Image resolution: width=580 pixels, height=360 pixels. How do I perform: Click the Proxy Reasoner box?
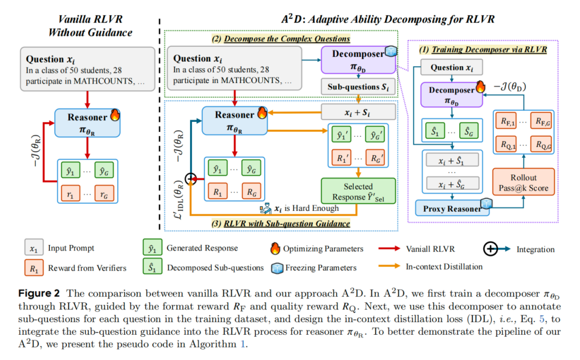pos(452,209)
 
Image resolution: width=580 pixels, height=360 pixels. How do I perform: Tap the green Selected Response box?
pos(358,192)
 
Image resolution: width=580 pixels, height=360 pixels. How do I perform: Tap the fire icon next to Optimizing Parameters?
pos(275,249)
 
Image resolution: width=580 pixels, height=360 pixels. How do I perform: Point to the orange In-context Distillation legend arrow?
pos(390,267)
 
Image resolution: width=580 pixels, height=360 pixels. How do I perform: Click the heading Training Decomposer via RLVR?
pos(483,50)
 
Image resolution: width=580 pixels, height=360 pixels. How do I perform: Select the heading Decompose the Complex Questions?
pos(281,39)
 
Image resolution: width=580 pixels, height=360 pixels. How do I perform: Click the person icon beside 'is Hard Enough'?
pos(266,208)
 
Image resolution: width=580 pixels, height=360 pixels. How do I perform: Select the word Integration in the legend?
pos(534,249)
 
